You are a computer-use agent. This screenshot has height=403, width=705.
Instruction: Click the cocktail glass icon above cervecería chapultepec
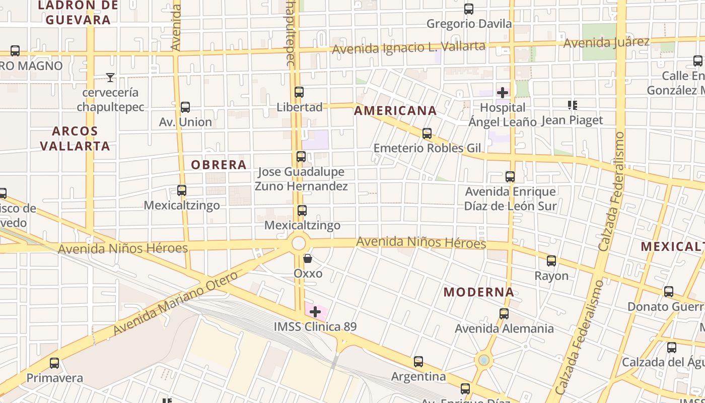pyautogui.click(x=110, y=78)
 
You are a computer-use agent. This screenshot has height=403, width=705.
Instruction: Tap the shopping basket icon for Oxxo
pyautogui.click(x=308, y=259)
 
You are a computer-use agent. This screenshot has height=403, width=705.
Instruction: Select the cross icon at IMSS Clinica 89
pyautogui.click(x=315, y=312)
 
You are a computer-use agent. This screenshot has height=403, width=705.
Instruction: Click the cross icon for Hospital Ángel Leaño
pyautogui.click(x=503, y=93)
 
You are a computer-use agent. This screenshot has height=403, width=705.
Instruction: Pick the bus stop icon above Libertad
pyautogui.click(x=299, y=92)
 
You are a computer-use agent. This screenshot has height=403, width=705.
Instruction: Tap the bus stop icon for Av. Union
pyautogui.click(x=185, y=107)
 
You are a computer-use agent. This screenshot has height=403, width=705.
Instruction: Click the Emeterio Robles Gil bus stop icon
pyautogui.click(x=427, y=133)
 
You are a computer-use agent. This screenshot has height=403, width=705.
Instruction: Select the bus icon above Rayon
pyautogui.click(x=551, y=261)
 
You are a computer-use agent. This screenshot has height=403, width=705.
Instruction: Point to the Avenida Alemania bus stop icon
pyautogui.click(x=504, y=314)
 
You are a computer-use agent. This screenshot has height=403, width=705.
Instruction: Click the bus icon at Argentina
pyautogui.click(x=418, y=362)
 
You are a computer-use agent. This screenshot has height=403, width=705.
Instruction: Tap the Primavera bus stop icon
pyautogui.click(x=54, y=363)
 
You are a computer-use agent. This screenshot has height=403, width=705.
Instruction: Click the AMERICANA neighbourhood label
pyautogui.click(x=395, y=111)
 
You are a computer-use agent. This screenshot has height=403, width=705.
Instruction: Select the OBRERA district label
pyautogui.click(x=219, y=165)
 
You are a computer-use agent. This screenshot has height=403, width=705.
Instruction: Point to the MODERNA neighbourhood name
pyautogui.click(x=479, y=292)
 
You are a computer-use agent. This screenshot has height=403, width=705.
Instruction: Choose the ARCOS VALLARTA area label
pyautogui.click(x=75, y=139)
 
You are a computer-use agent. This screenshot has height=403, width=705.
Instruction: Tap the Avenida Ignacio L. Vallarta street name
pyautogui.click(x=408, y=48)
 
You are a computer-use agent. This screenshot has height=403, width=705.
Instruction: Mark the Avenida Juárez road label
pyautogui.click(x=606, y=42)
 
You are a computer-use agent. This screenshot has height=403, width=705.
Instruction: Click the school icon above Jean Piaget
pyautogui.click(x=572, y=105)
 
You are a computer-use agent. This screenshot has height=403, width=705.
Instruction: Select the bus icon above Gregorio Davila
pyautogui.click(x=469, y=9)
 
